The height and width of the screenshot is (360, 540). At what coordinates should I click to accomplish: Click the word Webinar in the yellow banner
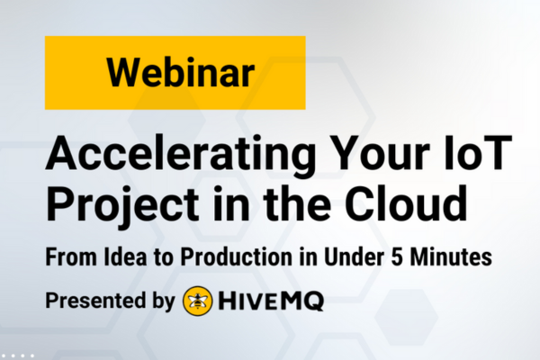[181, 73]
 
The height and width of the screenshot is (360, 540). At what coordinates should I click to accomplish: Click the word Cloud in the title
[407, 203]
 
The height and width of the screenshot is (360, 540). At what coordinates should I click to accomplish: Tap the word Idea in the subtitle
[125, 256]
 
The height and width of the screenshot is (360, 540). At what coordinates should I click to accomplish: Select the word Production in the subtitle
[236, 256]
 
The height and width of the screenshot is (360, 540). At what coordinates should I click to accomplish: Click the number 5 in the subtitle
[397, 257]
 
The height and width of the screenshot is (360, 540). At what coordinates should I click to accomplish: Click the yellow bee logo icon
[197, 301]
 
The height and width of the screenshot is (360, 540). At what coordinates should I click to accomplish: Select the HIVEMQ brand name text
[271, 301]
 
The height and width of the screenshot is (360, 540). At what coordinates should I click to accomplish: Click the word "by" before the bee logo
[163, 301]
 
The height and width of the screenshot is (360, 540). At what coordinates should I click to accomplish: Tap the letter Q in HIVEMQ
[313, 301]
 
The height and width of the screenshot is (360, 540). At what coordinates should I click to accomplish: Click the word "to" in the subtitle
[164, 257]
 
